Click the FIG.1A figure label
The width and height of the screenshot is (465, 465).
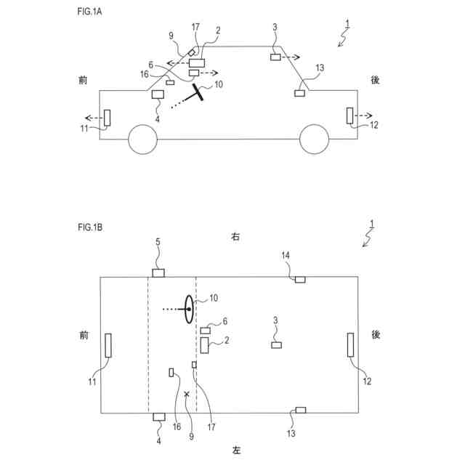90,12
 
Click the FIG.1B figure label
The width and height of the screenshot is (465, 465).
90,227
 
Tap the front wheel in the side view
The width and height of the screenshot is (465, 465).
142,139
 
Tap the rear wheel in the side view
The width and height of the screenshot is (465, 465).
314,139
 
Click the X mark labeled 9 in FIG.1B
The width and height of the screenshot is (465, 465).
187,394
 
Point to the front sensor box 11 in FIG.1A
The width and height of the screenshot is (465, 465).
107,116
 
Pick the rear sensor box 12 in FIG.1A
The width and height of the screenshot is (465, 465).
349,116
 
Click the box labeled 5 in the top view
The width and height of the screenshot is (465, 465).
158,273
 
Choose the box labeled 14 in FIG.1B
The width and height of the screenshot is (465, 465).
300,278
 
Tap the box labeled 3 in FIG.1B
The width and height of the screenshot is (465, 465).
276,344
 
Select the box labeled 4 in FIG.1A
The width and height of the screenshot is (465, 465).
158,94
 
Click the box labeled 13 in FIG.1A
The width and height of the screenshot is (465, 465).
299,93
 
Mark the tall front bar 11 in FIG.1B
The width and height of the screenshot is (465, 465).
108,344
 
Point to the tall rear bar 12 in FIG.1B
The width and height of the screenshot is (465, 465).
350,344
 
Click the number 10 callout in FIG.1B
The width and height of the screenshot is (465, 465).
214,298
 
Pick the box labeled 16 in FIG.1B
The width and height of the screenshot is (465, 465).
171,373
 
